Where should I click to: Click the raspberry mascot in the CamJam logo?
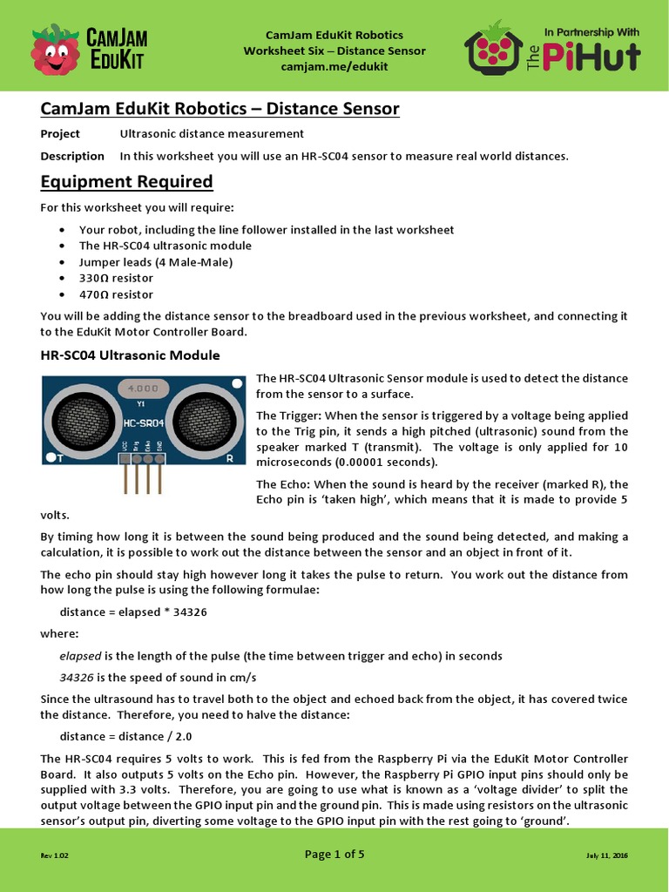tap(55, 49)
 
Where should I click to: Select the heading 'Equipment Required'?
tap(126, 181)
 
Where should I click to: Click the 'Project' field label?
tap(60, 133)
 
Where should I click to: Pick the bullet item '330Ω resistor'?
tap(116, 277)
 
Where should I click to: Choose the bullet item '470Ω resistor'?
tap(116, 294)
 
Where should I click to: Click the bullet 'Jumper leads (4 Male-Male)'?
tap(155, 261)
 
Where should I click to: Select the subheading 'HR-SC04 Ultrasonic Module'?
tap(130, 355)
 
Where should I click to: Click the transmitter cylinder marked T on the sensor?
tap(77, 416)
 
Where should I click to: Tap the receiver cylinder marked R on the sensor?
tap(202, 416)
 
